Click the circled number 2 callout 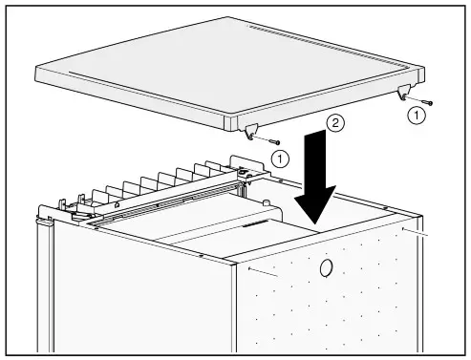pyautogui.click(x=334, y=122)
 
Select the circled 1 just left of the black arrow pyautogui.click(x=278, y=157)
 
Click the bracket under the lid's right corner pyautogui.click(x=404, y=93)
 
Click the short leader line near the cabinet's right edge pyautogui.click(x=417, y=232)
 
